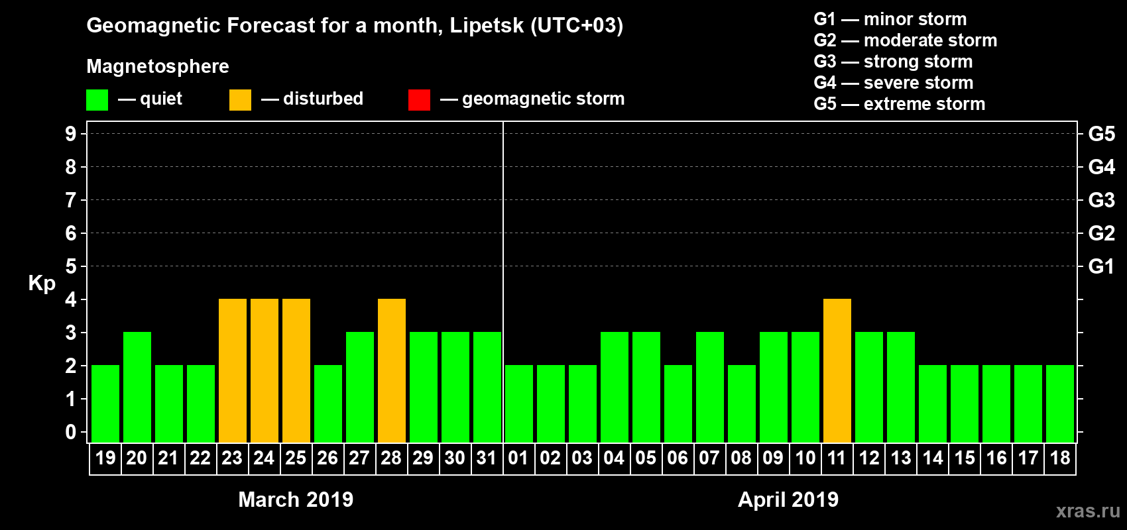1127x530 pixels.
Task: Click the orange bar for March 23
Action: tap(233, 370)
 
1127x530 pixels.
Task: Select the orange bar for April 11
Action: tap(837, 370)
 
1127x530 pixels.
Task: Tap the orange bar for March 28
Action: tap(392, 370)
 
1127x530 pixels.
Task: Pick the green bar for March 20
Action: tap(137, 387)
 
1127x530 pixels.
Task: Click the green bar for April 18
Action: tap(1060, 403)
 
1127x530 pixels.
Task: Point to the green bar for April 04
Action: tap(615, 387)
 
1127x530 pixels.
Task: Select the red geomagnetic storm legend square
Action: tap(419, 100)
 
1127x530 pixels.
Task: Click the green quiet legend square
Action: tap(97, 100)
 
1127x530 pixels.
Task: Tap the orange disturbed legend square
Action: tap(240, 100)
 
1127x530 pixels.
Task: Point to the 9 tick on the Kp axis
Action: tap(71, 134)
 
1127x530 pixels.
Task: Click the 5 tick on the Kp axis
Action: tap(71, 266)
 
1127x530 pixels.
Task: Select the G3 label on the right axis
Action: tap(1101, 200)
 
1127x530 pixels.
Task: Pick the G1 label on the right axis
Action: tap(1101, 266)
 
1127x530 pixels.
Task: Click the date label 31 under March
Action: tap(487, 458)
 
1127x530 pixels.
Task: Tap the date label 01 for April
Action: tap(518, 458)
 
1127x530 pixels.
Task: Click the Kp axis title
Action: tap(42, 283)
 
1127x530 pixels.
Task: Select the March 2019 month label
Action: tap(296, 500)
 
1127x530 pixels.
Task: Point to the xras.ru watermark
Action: tap(1088, 510)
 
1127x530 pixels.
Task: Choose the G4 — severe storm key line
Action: tap(894, 83)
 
